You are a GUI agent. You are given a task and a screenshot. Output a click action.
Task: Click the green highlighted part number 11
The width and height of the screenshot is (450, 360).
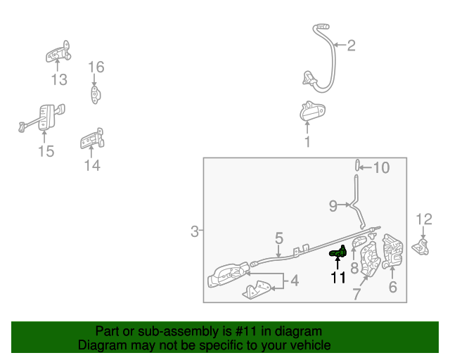(x=338, y=252)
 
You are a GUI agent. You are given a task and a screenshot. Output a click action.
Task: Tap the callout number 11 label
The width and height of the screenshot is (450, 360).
(x=338, y=278)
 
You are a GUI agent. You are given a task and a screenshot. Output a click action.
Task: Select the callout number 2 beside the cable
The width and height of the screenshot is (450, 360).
(x=352, y=46)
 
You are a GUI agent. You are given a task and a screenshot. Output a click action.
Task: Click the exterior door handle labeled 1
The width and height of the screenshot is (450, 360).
(x=312, y=111)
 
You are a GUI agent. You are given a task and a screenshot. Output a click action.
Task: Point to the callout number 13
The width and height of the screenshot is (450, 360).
(x=59, y=79)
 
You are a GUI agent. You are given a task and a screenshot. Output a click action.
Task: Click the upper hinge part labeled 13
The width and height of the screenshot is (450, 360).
(x=58, y=51)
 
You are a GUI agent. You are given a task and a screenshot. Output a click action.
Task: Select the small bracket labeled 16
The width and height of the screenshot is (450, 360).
(x=96, y=95)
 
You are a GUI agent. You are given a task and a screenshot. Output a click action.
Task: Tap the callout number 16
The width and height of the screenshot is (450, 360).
(x=96, y=67)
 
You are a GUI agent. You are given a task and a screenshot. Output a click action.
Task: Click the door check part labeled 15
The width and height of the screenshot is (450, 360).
(x=42, y=118)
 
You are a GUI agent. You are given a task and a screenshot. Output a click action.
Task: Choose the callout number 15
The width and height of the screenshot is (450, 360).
(x=46, y=151)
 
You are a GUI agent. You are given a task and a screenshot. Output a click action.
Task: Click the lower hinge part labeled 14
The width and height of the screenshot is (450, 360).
(x=92, y=139)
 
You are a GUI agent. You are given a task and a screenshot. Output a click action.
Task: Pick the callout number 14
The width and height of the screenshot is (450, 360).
(x=92, y=166)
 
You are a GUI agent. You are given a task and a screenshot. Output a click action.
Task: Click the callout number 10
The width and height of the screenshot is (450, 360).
(x=381, y=167)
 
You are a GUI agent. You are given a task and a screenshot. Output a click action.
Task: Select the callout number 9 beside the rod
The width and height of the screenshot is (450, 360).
(x=333, y=206)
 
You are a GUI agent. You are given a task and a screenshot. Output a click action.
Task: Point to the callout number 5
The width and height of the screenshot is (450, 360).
(x=279, y=238)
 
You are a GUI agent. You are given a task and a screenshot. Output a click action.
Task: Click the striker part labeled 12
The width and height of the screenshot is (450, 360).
(x=420, y=247)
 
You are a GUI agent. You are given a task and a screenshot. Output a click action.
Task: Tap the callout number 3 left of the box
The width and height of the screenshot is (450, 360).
(x=195, y=231)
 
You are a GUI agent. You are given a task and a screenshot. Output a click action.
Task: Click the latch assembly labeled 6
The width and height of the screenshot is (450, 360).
(x=392, y=251)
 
